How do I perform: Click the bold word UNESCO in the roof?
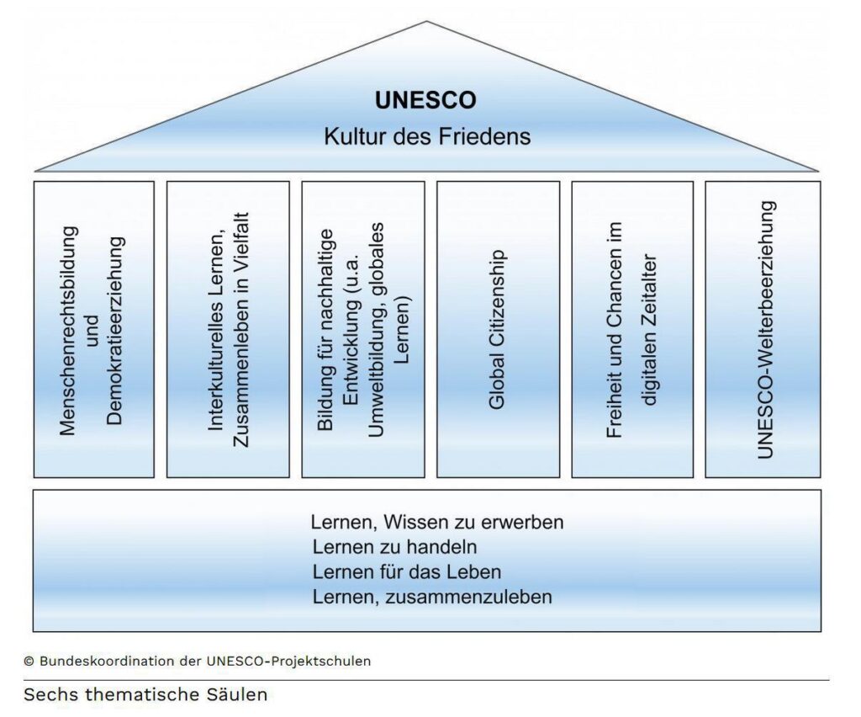[x=425, y=100]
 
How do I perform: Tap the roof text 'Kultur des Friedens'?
[x=427, y=136]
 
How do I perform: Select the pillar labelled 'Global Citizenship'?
[x=498, y=330]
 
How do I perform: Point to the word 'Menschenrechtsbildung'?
[x=68, y=332]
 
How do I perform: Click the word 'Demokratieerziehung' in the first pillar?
[x=114, y=331]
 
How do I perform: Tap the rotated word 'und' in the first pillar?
[x=91, y=331]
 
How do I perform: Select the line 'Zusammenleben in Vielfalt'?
[x=240, y=330]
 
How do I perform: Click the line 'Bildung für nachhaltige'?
[x=326, y=330]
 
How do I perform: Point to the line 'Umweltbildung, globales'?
[x=376, y=330]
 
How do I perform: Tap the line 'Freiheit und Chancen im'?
[x=615, y=330]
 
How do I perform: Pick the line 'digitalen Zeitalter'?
[x=650, y=330]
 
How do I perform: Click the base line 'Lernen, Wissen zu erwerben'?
[x=437, y=522]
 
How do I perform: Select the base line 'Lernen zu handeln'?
[x=395, y=547]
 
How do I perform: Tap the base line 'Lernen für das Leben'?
[x=407, y=572]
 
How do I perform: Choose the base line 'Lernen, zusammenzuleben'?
[x=432, y=597]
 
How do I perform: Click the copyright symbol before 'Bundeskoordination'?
[x=29, y=661]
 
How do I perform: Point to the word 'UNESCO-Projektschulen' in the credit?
[x=288, y=661]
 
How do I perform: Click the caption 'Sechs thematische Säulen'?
[x=145, y=694]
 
